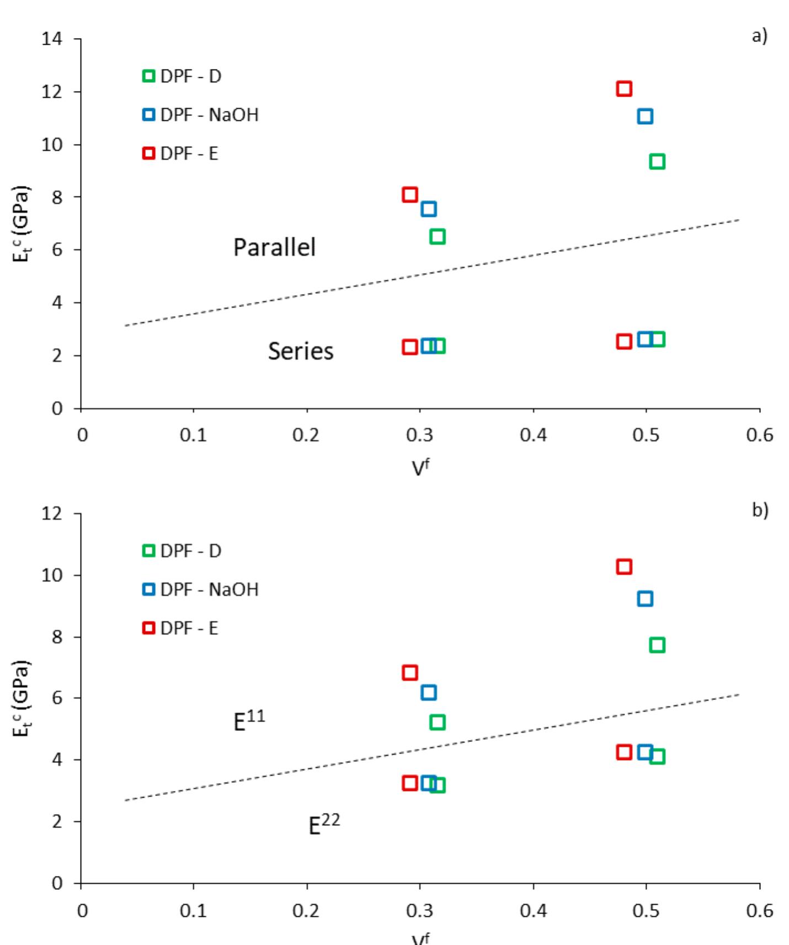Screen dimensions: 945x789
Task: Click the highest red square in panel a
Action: click(x=623, y=88)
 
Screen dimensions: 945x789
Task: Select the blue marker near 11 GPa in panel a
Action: click(x=644, y=116)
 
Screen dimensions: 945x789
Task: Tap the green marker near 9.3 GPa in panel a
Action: click(x=657, y=162)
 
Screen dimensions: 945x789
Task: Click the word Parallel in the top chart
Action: click(x=274, y=247)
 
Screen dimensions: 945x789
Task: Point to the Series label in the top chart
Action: click(x=301, y=351)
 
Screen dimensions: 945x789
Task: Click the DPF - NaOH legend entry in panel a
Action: click(x=201, y=115)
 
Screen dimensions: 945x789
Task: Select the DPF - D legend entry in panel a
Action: click(x=183, y=76)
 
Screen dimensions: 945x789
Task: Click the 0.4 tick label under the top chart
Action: click(x=533, y=435)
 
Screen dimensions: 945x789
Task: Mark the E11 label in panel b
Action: click(x=249, y=720)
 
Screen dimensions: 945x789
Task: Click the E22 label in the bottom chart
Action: click(x=324, y=824)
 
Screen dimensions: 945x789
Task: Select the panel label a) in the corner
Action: click(x=759, y=36)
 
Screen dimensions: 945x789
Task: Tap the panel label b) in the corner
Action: click(x=759, y=510)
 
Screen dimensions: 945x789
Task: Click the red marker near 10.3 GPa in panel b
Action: click(x=623, y=567)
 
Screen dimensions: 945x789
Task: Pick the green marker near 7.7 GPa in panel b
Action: click(x=657, y=645)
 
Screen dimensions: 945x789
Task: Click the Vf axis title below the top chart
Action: click(x=420, y=467)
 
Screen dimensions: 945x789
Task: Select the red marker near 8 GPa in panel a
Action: click(x=409, y=195)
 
